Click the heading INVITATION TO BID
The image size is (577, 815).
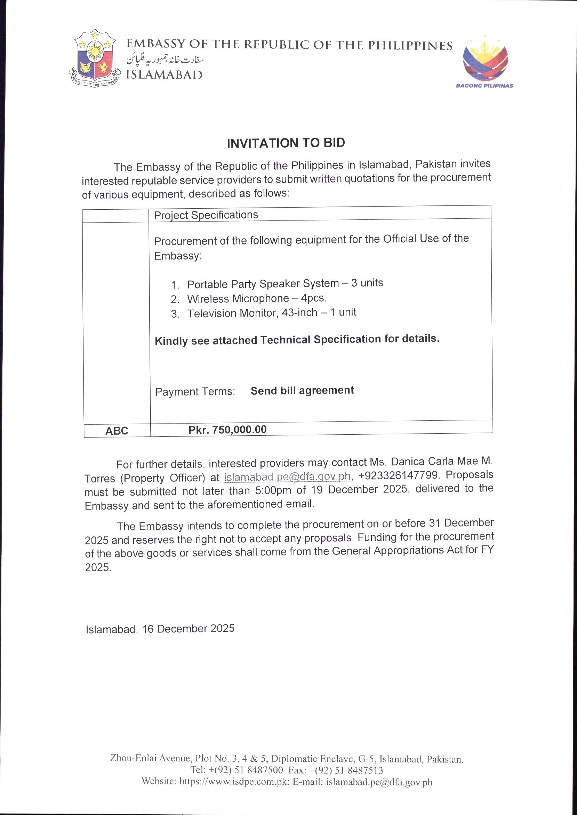pos(286,143)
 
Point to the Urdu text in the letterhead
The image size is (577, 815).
pos(165,60)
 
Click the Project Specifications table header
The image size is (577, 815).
pos(206,215)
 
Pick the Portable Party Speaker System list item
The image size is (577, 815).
pos(285,284)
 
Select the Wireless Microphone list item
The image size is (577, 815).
pos(257,298)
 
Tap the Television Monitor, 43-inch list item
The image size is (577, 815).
pos(271,313)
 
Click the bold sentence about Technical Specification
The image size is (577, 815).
pos(297,339)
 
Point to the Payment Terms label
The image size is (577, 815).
pos(195,392)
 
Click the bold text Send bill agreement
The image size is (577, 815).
pos(302,390)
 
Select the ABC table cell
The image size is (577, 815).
pos(117,431)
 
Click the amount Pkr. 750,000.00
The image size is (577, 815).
pos(227,430)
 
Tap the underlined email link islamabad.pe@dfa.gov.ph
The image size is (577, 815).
pos(287,477)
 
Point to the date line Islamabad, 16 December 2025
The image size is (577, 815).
pos(160,629)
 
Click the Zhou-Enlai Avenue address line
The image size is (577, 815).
pos(286,759)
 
